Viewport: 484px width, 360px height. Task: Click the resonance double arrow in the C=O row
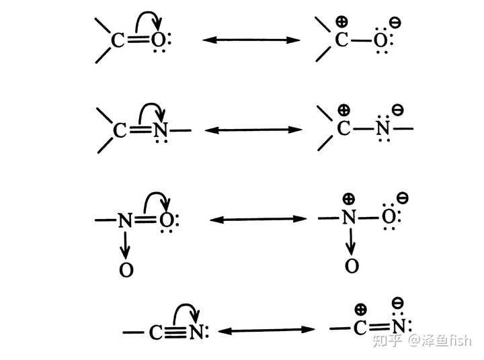click(x=251, y=40)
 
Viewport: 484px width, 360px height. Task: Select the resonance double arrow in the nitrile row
click(x=268, y=330)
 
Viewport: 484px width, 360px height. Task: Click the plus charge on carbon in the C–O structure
click(x=341, y=19)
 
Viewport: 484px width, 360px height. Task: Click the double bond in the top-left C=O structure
click(x=138, y=40)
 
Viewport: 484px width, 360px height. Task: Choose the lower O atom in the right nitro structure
click(x=351, y=266)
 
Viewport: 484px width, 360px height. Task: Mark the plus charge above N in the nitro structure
click(x=348, y=198)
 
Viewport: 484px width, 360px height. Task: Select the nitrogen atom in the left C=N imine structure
click(x=160, y=130)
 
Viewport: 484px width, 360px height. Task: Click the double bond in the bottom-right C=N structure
click(x=380, y=328)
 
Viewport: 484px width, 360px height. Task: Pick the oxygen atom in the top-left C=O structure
click(x=158, y=41)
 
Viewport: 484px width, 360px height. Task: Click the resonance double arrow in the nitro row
click(x=258, y=220)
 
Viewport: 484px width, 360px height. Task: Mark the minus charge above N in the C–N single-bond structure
click(x=397, y=107)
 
